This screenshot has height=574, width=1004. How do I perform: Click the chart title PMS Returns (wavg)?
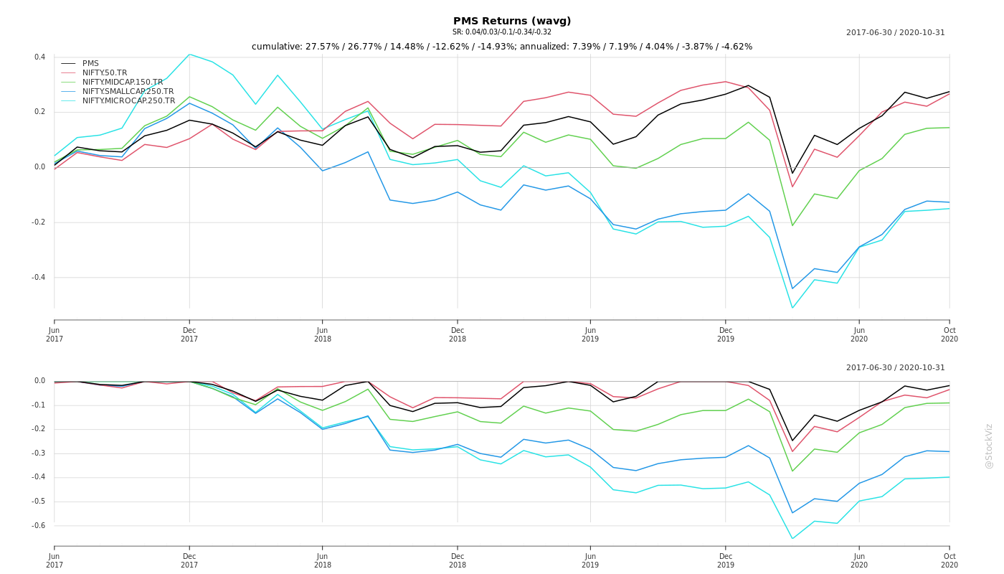click(x=512, y=22)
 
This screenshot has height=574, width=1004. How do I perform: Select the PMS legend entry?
click(x=90, y=64)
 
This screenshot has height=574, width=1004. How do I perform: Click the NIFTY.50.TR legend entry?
click(x=105, y=73)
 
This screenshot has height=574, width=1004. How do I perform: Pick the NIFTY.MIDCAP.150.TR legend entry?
click(x=123, y=83)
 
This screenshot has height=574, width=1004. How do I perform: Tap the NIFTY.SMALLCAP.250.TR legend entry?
click(x=128, y=92)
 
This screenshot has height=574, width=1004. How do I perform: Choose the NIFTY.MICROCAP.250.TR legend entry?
click(x=128, y=101)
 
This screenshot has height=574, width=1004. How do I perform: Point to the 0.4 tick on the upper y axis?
click(x=39, y=57)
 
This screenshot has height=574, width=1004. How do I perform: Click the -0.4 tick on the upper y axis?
click(x=38, y=278)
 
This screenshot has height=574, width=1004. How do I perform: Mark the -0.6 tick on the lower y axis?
click(x=38, y=526)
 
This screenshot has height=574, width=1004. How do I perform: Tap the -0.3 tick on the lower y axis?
click(x=38, y=453)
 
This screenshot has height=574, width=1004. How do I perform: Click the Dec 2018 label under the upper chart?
click(x=458, y=334)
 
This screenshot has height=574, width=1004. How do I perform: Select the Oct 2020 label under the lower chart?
click(x=949, y=560)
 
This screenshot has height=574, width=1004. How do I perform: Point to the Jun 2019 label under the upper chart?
click(x=590, y=334)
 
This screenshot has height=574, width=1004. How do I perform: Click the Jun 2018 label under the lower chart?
click(x=323, y=560)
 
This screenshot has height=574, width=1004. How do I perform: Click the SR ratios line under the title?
click(x=502, y=32)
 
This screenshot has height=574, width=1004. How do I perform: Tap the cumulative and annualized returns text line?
click(x=502, y=47)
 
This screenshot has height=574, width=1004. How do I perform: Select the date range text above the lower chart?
click(x=895, y=368)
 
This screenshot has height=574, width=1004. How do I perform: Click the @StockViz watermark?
click(x=989, y=446)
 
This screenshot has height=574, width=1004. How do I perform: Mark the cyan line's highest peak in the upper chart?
click(x=189, y=55)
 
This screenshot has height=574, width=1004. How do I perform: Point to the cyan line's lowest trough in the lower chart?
click(x=792, y=539)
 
